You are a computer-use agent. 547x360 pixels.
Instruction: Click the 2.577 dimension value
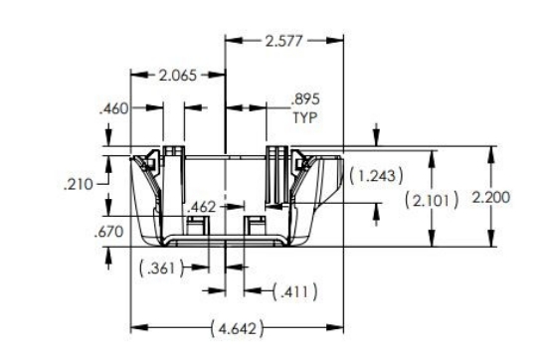285,41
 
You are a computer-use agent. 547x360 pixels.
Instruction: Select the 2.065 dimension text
178,76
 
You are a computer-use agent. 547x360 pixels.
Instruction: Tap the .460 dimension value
115,109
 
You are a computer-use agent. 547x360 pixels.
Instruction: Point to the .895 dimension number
305,100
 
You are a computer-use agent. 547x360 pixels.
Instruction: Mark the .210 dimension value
78,184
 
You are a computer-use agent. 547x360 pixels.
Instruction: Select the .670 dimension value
106,233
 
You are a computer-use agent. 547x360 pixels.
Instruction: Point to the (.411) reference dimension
294,291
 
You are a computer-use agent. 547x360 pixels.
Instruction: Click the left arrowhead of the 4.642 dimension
136,327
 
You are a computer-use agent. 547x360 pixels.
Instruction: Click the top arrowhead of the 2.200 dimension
491,152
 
